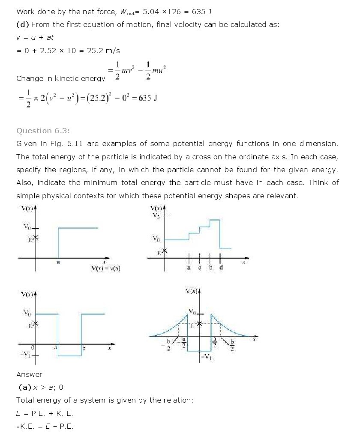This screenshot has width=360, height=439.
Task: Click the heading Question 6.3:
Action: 42,131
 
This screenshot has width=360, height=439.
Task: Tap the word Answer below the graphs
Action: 29,374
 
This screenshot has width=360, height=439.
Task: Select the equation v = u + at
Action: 35,37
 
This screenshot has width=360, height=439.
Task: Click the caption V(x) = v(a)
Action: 106,269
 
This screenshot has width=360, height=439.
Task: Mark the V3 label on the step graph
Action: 156,215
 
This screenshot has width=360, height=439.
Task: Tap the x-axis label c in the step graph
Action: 199,268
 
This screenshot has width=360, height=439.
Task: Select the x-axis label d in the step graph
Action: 221,268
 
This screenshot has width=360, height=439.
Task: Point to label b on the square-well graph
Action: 84,348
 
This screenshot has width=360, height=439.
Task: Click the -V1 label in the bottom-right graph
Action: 206,358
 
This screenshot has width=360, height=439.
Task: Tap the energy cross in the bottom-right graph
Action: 200,324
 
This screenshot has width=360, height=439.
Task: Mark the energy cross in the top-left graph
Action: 35,238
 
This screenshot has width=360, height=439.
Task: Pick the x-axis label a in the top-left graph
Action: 58,262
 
